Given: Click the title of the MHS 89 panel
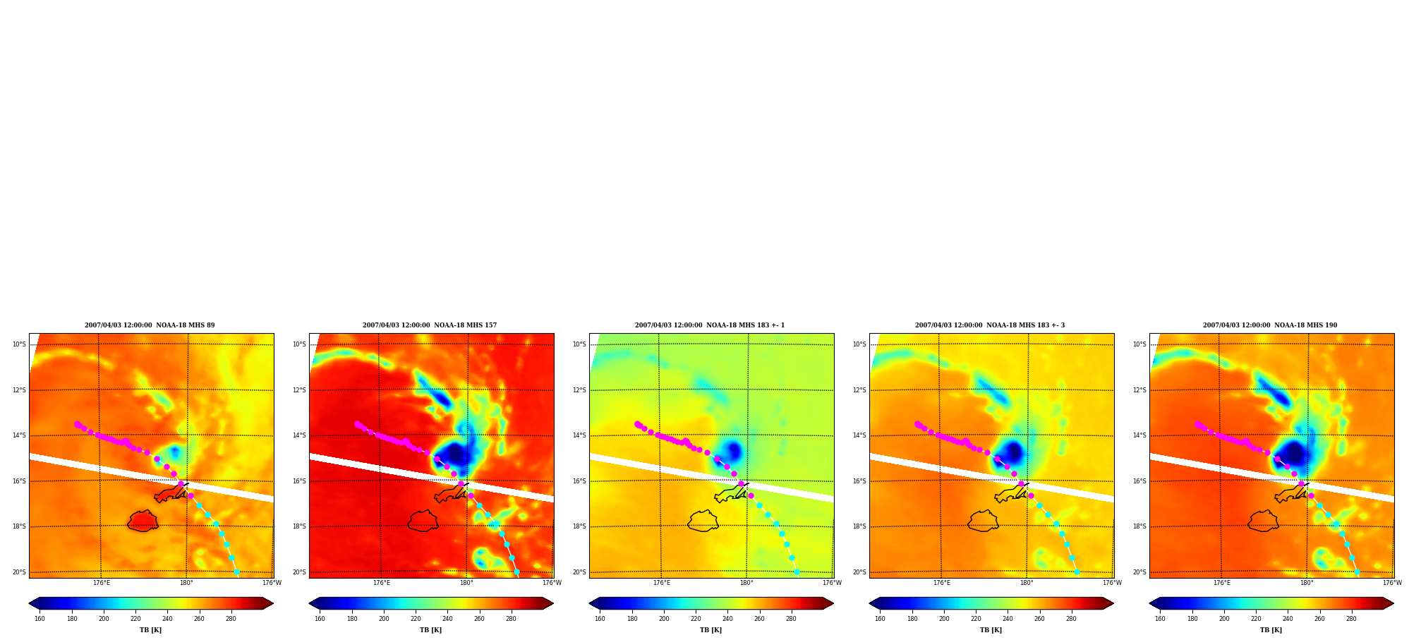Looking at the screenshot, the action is (x=150, y=325).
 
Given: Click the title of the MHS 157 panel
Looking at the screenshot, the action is (x=430, y=325).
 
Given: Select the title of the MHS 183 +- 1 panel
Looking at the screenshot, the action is (x=710, y=325).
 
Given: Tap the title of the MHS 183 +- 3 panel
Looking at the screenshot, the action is (x=990, y=325).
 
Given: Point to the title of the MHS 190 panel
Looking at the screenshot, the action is (x=1270, y=325).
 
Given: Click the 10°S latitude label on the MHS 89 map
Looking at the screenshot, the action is (x=19, y=344).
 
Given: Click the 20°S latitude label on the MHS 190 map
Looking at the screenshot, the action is (x=1139, y=572).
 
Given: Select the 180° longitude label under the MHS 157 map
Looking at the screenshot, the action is (x=466, y=583).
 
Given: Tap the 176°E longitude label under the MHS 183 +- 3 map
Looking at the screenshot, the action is (x=942, y=583).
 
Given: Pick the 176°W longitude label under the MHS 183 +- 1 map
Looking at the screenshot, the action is (x=832, y=583).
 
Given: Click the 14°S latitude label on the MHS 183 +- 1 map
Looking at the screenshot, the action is (x=579, y=435).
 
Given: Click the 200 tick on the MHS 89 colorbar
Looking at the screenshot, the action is (x=104, y=619).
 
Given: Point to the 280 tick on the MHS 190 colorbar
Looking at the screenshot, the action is (x=1351, y=619).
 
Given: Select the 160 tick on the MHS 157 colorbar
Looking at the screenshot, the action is (x=320, y=619).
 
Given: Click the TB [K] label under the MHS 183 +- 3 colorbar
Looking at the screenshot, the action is (x=991, y=630).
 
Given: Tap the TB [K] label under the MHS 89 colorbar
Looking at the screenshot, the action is (x=150, y=630).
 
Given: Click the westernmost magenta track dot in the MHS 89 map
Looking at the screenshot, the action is (x=77, y=424).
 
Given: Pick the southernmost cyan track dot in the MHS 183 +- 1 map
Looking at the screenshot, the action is (x=797, y=572).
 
